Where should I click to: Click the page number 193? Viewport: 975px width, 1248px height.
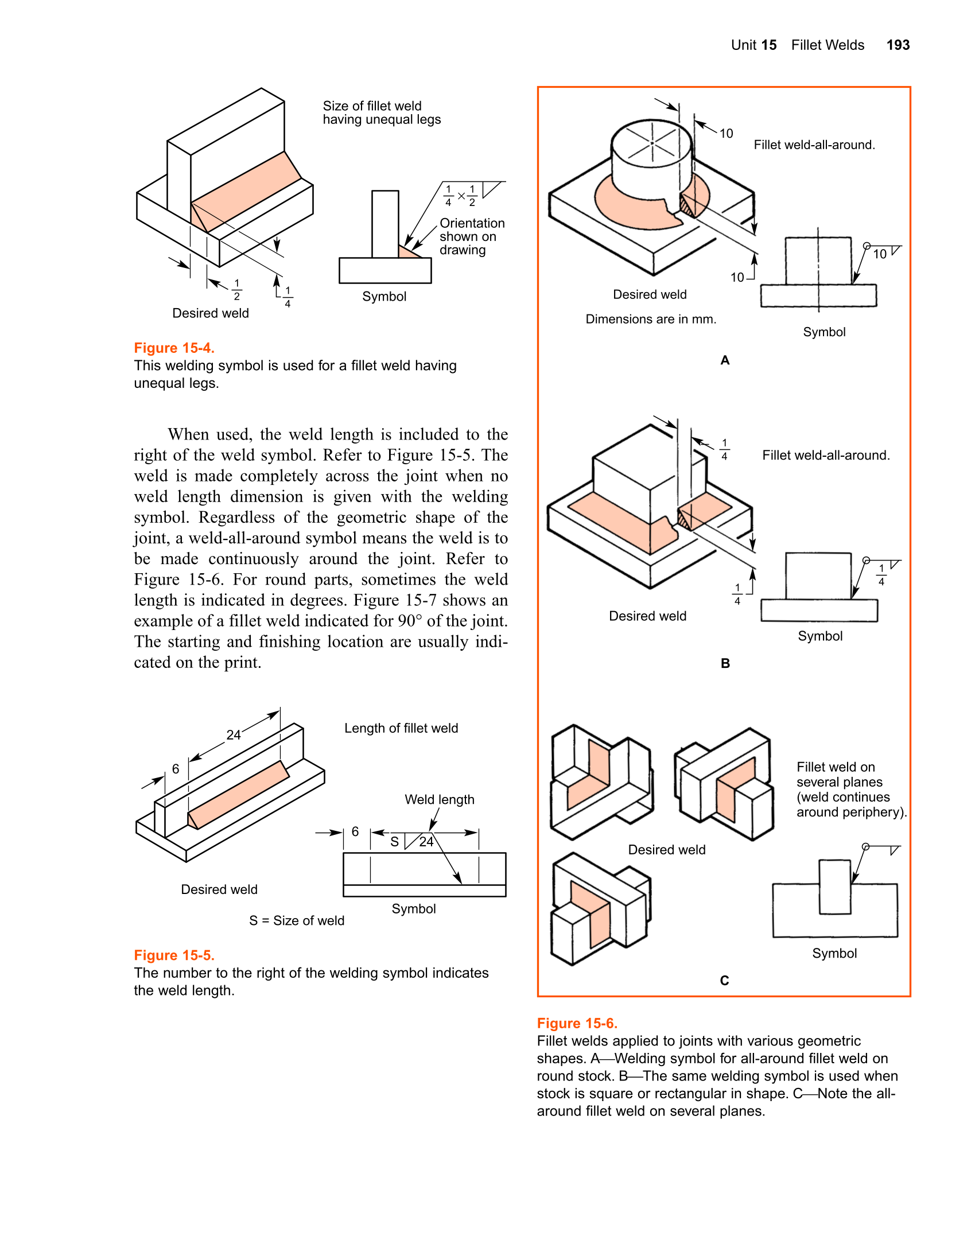898,45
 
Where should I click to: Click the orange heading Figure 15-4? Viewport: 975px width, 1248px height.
174,348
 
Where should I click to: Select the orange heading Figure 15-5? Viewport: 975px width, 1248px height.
174,955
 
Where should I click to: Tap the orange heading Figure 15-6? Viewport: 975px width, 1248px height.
577,1023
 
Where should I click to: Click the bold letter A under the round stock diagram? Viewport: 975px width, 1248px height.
725,360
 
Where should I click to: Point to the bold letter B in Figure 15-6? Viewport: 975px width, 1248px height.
725,663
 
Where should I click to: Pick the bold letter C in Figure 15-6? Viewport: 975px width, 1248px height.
724,981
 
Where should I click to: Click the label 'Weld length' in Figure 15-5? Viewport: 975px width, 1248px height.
439,799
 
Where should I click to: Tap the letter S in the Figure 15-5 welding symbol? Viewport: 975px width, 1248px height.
394,842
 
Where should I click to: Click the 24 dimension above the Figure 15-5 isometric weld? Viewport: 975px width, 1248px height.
233,735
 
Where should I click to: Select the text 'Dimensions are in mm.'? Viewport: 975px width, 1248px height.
651,319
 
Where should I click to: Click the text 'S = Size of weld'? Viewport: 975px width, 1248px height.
297,920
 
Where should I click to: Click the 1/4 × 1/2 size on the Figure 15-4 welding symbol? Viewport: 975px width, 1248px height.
460,196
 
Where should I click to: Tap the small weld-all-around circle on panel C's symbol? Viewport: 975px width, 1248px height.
866,846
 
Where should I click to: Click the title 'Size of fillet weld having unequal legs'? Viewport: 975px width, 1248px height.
382,112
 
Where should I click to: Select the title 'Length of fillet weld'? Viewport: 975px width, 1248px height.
401,728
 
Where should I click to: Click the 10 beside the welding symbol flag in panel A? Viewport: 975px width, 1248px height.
879,254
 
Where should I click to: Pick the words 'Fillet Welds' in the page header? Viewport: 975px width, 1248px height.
827,45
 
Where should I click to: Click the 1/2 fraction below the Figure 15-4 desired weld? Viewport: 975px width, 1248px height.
236,290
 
